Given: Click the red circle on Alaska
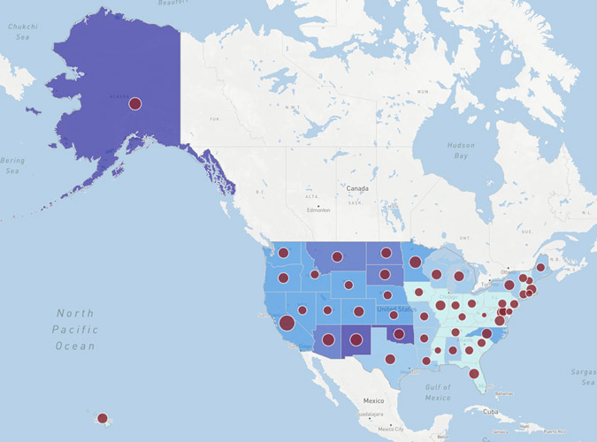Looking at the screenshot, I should point(135,103).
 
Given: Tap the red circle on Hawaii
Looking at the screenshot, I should point(102,418).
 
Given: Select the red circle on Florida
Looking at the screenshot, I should point(474,373).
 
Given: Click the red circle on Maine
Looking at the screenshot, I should point(540,267).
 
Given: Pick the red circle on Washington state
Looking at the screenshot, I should point(284,253).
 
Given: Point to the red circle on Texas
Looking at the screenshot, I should point(390,359).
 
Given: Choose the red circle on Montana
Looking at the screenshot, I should point(336,257).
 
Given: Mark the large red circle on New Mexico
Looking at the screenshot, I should point(356,339).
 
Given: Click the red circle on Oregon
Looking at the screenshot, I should point(283,278).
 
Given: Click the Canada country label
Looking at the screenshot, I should point(357,189).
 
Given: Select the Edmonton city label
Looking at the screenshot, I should point(318,210).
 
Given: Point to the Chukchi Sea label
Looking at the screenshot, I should point(22,32).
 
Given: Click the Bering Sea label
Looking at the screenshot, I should point(12,165).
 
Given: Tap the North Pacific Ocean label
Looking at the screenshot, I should point(75,329).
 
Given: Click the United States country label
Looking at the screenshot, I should point(395,309).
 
